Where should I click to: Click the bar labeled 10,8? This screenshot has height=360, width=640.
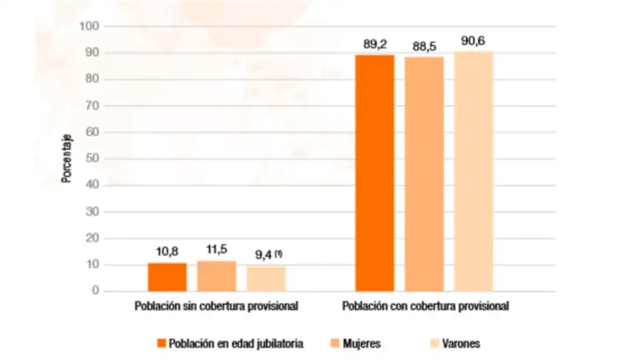167,277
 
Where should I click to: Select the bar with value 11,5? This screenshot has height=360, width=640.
216,276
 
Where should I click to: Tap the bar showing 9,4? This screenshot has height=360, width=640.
266,279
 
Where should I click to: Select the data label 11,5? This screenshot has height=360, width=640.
216,250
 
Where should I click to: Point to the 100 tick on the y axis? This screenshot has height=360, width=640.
89,26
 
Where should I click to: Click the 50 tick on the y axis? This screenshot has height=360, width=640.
92,159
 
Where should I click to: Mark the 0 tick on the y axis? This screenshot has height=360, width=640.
95,291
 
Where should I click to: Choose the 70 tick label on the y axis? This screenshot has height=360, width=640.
92,106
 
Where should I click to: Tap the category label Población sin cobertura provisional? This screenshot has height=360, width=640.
216,307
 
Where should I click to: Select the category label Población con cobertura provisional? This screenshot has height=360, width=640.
425,307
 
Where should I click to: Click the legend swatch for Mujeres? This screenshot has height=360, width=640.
333,343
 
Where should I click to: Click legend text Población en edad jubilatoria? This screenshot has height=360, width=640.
236,343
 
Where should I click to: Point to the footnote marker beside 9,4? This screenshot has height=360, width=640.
279,253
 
